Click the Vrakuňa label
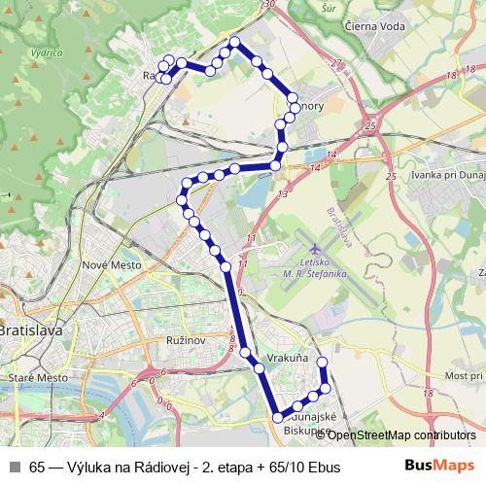point(287,359)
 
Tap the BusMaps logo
point(434,466)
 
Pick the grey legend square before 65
point(15,467)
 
